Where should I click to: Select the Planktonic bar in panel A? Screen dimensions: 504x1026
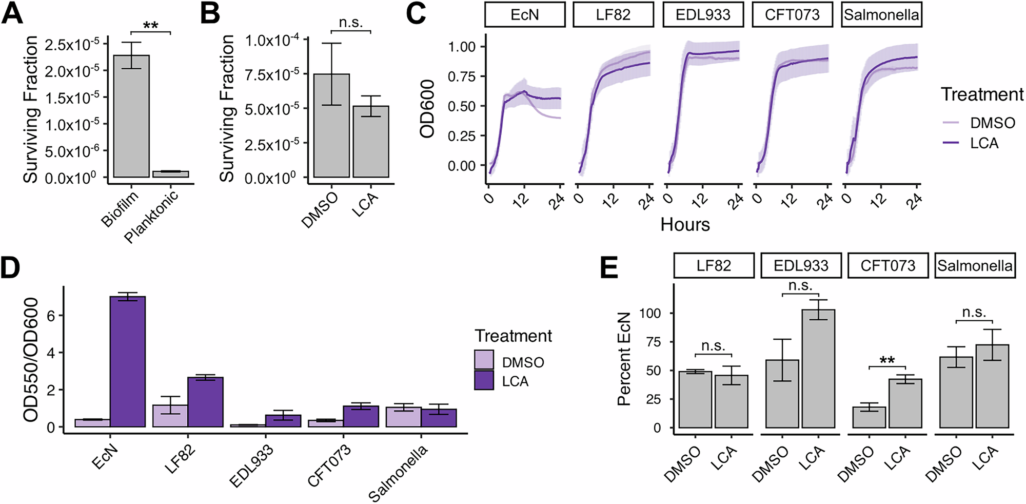click(x=171, y=174)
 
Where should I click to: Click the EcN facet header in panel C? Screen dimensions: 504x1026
click(x=525, y=14)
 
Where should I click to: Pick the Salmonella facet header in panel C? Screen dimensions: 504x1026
click(x=881, y=14)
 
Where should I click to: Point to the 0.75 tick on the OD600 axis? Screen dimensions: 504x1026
click(x=462, y=76)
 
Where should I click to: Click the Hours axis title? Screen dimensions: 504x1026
click(x=685, y=224)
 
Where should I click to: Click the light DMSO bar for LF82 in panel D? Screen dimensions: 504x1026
click(x=170, y=416)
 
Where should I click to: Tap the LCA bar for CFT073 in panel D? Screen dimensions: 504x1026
click(x=361, y=416)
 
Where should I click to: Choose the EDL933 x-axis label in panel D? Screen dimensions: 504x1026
click(x=251, y=467)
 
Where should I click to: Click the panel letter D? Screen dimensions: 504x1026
click(x=11, y=268)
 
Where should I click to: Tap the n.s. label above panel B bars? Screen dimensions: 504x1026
click(x=351, y=23)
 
